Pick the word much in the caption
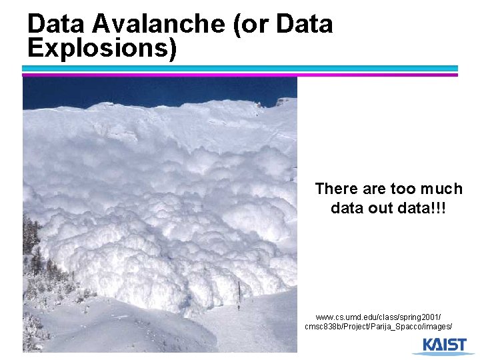click(x=443, y=189)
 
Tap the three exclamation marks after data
click(x=439, y=208)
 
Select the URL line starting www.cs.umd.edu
click(x=379, y=317)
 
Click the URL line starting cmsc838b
click(x=379, y=327)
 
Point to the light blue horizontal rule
click(x=240, y=68)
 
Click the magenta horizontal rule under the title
click(x=240, y=74)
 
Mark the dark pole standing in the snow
click(x=239, y=291)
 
